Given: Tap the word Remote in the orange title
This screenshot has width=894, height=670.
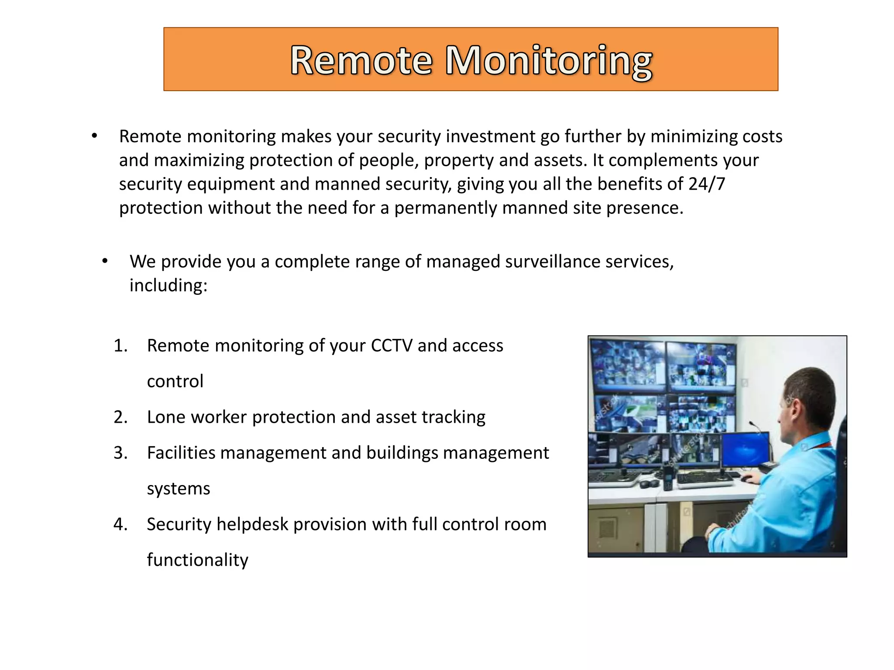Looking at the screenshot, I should (x=361, y=61).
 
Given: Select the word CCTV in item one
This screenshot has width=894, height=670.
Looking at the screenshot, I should (x=392, y=345).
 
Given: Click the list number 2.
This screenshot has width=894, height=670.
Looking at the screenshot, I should (x=120, y=417).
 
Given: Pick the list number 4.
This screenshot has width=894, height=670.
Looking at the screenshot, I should (x=120, y=524).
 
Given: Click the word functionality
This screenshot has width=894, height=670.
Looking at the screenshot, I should (x=197, y=560).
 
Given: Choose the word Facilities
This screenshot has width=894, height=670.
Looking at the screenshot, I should (x=181, y=453).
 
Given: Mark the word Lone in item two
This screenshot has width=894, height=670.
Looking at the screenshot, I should (x=164, y=417).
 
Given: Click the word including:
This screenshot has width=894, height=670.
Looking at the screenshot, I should (x=168, y=286).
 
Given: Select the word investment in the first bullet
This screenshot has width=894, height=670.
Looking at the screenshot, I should (x=491, y=137).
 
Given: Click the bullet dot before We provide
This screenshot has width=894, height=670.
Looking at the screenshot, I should (x=105, y=261).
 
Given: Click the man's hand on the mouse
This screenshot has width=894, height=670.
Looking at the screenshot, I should (x=752, y=478).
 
